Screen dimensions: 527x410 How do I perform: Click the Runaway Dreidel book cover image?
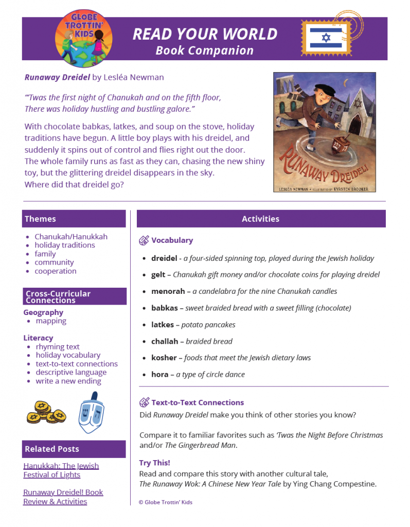(324, 132)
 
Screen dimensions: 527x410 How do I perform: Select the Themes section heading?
(40, 219)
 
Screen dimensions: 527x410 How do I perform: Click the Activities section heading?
(261, 219)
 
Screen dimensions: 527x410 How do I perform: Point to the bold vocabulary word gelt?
(158, 275)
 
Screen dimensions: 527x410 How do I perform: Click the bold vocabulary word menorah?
(168, 291)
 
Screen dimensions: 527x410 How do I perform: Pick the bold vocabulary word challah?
(165, 341)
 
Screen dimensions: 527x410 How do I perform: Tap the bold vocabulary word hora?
(159, 374)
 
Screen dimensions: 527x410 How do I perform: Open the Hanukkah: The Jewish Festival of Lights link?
(61, 470)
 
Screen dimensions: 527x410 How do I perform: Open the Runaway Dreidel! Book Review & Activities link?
(63, 497)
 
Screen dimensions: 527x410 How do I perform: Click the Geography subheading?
(43, 312)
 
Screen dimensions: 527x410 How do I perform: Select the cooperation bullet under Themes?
(55, 271)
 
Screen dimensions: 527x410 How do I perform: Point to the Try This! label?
(154, 463)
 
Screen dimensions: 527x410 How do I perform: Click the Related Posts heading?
(52, 449)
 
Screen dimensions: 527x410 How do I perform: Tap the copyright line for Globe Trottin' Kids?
(165, 502)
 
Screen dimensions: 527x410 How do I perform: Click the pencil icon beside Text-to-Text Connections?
(144, 402)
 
